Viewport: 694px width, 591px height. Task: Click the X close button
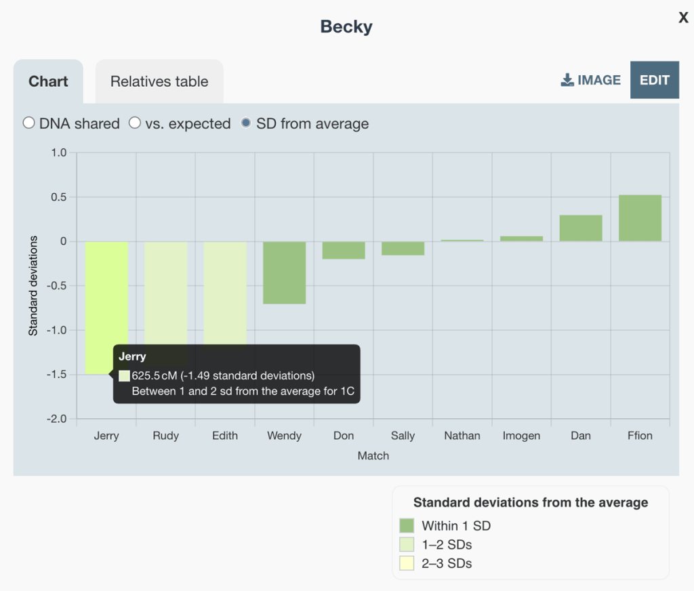pyautogui.click(x=683, y=18)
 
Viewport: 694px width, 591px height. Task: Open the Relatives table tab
pyautogui.click(x=159, y=82)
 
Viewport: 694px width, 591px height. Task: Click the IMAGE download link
pyautogui.click(x=591, y=80)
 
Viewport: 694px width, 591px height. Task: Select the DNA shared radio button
pyautogui.click(x=28, y=123)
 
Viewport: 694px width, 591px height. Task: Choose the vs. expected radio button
pyautogui.click(x=135, y=123)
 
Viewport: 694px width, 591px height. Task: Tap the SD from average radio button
pyautogui.click(x=246, y=123)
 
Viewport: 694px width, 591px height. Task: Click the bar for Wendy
pyautogui.click(x=284, y=272)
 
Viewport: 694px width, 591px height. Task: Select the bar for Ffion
pyautogui.click(x=640, y=218)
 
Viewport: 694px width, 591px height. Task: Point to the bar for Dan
pyautogui.click(x=581, y=228)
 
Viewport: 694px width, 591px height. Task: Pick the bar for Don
pyautogui.click(x=344, y=250)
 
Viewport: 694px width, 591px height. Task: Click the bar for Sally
pyautogui.click(x=403, y=248)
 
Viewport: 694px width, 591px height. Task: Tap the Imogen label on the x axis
pyautogui.click(x=521, y=436)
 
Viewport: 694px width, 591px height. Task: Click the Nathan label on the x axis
pyautogui.click(x=462, y=436)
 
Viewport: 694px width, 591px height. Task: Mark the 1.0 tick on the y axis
pyautogui.click(x=58, y=152)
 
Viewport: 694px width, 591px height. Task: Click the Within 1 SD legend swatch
pyautogui.click(x=407, y=526)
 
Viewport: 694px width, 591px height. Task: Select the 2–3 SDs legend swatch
pyautogui.click(x=407, y=563)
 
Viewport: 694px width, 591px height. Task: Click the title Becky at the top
pyautogui.click(x=346, y=27)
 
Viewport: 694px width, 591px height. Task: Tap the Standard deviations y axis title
pyautogui.click(x=33, y=286)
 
